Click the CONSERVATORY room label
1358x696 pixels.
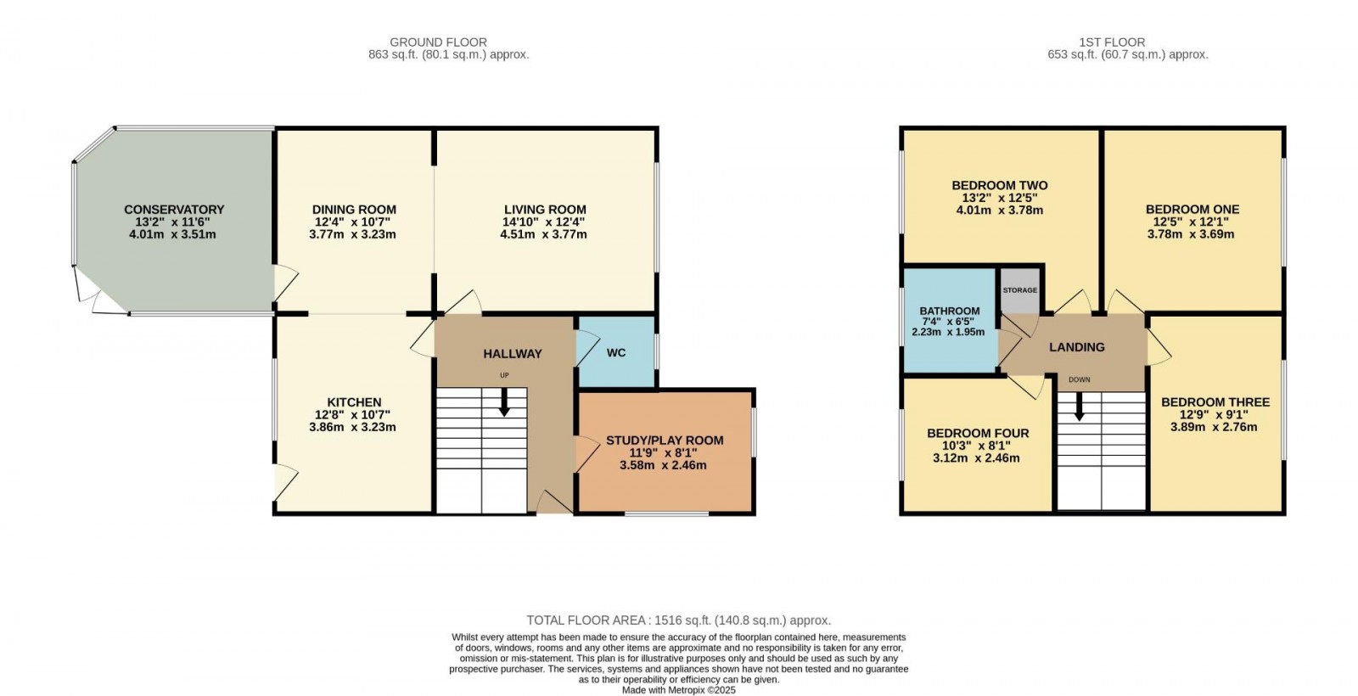(174, 210)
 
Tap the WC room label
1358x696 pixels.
(616, 352)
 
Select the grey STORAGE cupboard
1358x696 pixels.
(1019, 290)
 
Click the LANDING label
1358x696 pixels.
(1076, 347)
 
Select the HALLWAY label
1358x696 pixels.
(513, 354)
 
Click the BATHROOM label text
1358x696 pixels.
(949, 312)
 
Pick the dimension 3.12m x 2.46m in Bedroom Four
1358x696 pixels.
(978, 458)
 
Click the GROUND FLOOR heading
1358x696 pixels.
(438, 42)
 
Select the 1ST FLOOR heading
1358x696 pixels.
(1112, 42)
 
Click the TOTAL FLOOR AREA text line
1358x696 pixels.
(678, 620)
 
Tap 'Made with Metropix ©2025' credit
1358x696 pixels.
(678, 690)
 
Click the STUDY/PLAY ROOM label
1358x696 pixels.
(665, 441)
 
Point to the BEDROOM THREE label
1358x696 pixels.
(1215, 402)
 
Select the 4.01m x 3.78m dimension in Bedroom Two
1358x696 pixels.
(999, 210)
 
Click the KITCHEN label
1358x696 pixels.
(354, 402)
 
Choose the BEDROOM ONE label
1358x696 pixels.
(1192, 210)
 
